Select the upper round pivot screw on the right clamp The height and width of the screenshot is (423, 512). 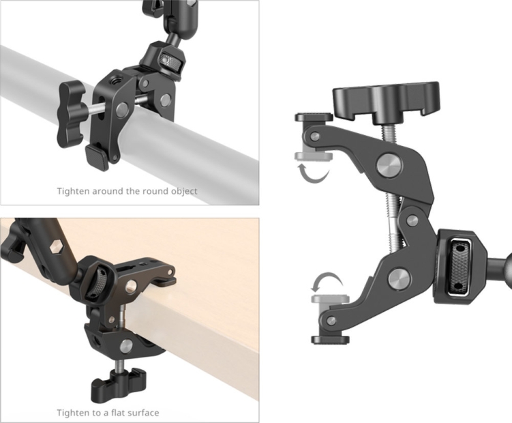point(387,166)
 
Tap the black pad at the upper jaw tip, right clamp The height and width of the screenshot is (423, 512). point(313,117)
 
